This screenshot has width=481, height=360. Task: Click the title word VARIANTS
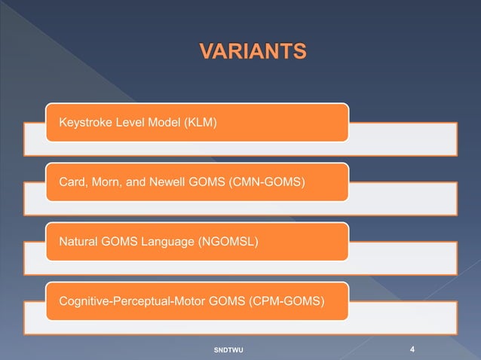point(253,51)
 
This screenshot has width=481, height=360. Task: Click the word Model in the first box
point(166,122)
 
